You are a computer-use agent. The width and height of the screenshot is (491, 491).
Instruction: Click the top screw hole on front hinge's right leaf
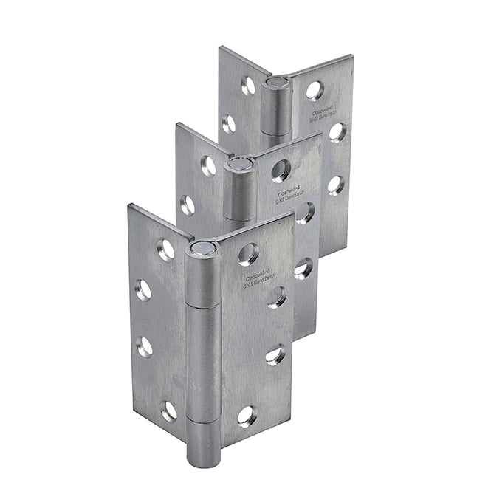coord(247,255)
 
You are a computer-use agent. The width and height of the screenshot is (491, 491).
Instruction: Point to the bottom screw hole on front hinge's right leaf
coord(247,414)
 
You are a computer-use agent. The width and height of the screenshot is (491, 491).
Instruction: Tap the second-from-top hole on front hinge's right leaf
coord(277,297)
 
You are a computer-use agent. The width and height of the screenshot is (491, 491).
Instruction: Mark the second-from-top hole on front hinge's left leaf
coord(143,289)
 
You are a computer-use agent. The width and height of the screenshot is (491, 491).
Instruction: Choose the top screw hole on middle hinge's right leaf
coord(281,171)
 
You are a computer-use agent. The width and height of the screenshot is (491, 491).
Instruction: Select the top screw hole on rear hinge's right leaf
coord(315,90)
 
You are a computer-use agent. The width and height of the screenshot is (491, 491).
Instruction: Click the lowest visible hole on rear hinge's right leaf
coord(337,185)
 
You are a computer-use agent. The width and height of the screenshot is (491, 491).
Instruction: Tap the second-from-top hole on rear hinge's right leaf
coord(339,131)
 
